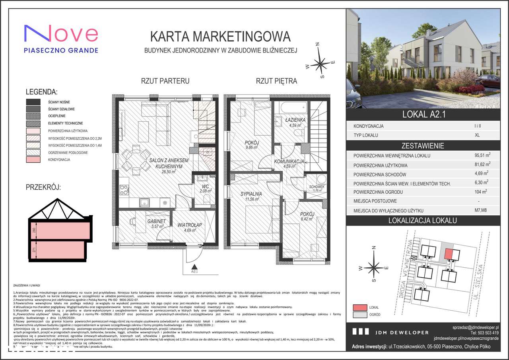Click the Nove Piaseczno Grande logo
[61, 39]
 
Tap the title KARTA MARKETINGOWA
[220, 37]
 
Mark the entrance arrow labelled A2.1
[194, 267]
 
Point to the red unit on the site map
[449, 253]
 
